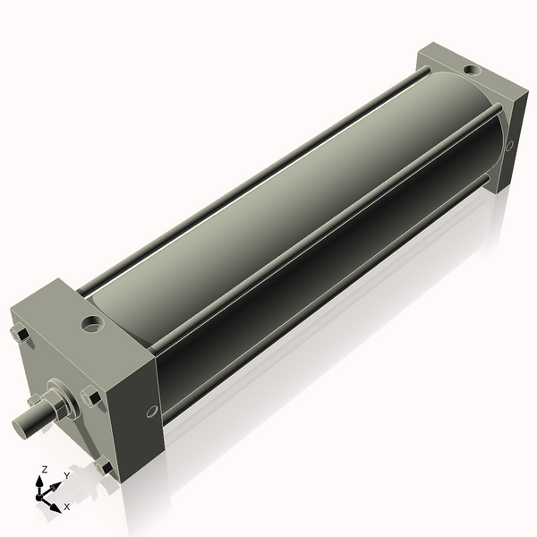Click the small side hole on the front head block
[x=151, y=411]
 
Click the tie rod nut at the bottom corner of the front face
[x=106, y=466]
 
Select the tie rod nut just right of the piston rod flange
[x=91, y=396]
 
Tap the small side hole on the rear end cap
[x=509, y=145]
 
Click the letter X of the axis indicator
[x=67, y=507]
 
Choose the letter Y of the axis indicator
[x=66, y=476]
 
